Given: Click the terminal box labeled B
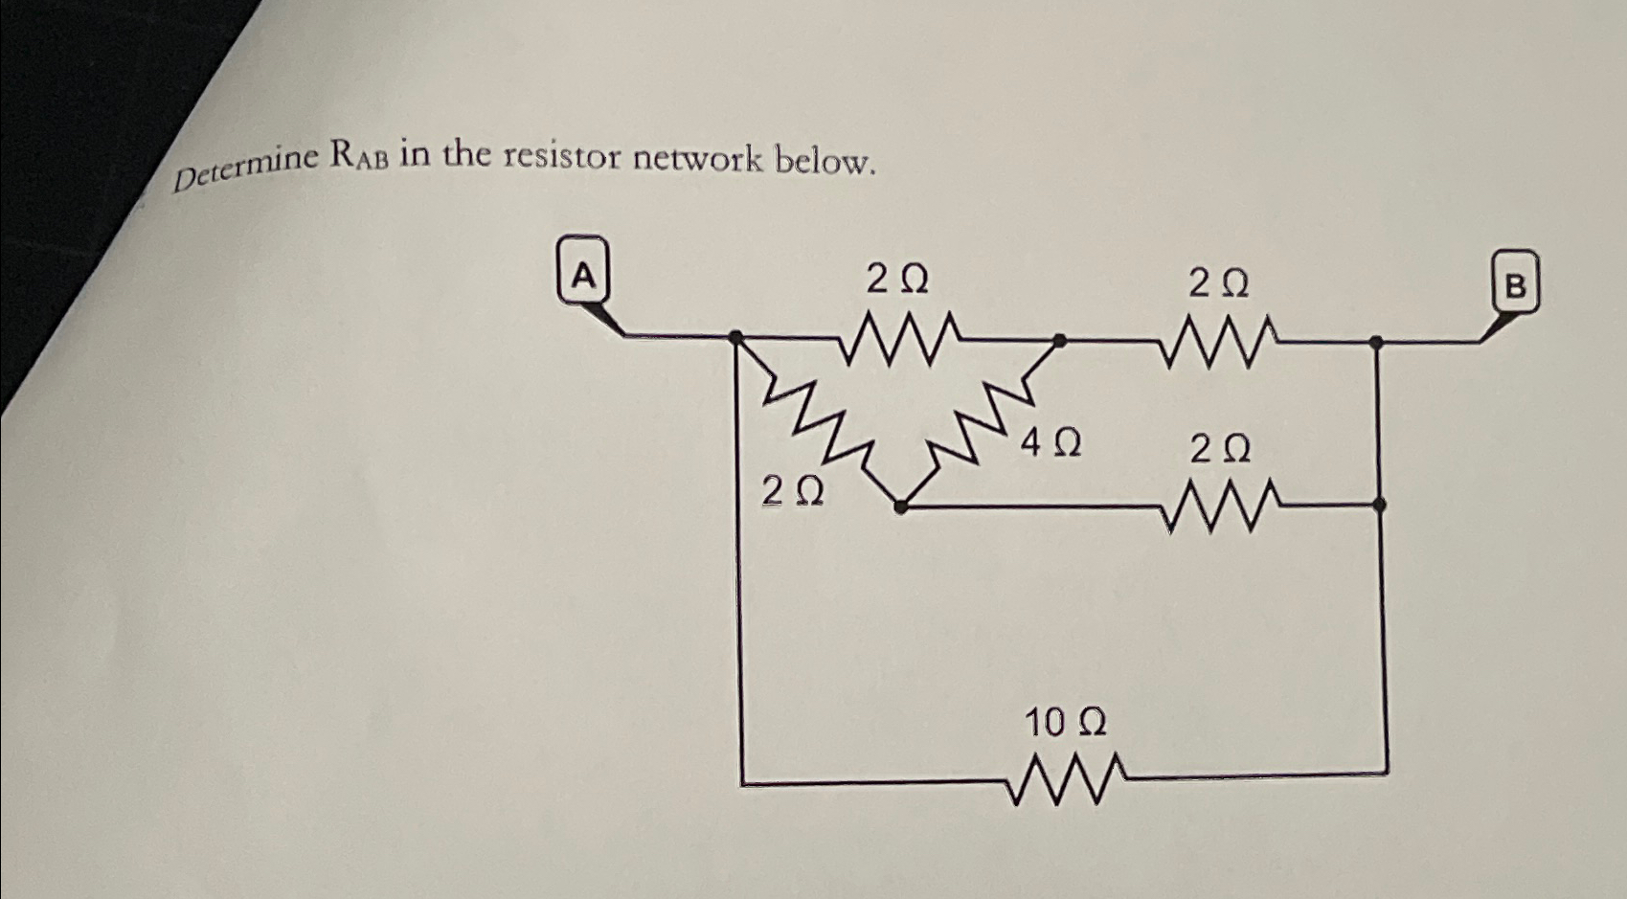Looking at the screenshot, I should point(1516,282).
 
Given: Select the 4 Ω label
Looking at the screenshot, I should point(1051,443).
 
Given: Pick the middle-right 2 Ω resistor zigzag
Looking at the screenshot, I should point(1218,506).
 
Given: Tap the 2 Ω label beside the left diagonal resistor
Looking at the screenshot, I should point(792,491).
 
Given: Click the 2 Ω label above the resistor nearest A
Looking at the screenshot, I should point(896,280).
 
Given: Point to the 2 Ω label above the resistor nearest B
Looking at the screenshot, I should point(1218,283).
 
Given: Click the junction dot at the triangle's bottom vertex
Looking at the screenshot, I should point(900,507).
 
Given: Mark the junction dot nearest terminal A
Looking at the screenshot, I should point(735,336).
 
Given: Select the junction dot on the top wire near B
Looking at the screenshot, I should point(1375,342).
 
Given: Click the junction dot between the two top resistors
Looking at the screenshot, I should point(1058,340).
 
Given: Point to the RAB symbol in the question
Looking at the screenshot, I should point(359,154).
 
